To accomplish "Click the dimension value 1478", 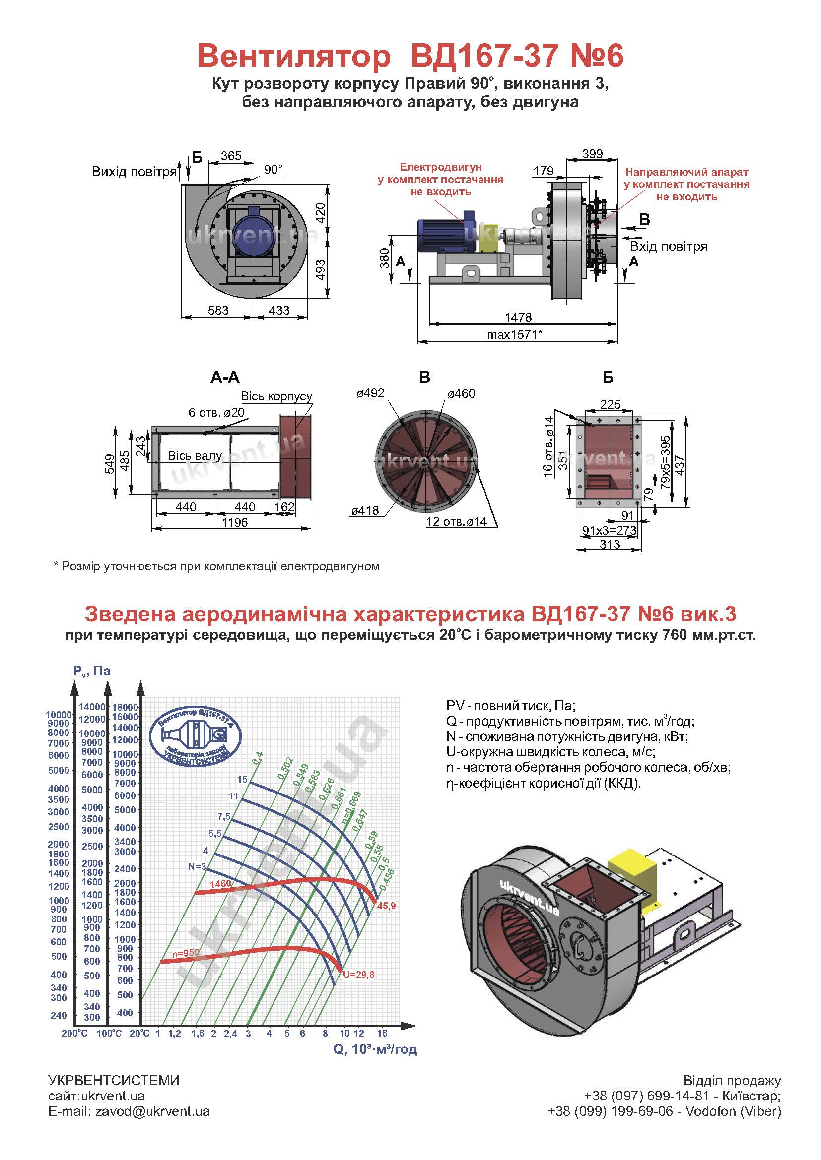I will click(518, 317).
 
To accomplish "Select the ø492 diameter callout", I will click(371, 393).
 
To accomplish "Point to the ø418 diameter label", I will click(365, 511).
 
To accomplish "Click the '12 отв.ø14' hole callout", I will click(457, 521).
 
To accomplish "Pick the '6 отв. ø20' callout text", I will click(216, 412).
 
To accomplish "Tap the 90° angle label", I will click(273, 169).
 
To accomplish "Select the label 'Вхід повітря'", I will click(668, 246).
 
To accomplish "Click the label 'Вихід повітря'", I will click(135, 172).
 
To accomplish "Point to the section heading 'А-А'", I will click(225, 377).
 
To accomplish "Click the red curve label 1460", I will click(220, 884).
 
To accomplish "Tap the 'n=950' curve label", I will click(186, 953).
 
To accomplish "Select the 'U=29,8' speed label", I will click(358, 975).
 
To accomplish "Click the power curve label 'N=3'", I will click(197, 866).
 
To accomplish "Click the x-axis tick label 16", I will click(382, 1033).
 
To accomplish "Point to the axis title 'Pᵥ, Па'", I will click(91, 672).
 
